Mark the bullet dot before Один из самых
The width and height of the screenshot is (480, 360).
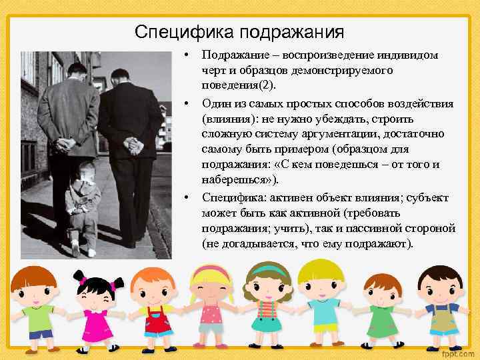coord(189,104)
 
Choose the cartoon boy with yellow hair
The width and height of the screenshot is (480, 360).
coord(320,300)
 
